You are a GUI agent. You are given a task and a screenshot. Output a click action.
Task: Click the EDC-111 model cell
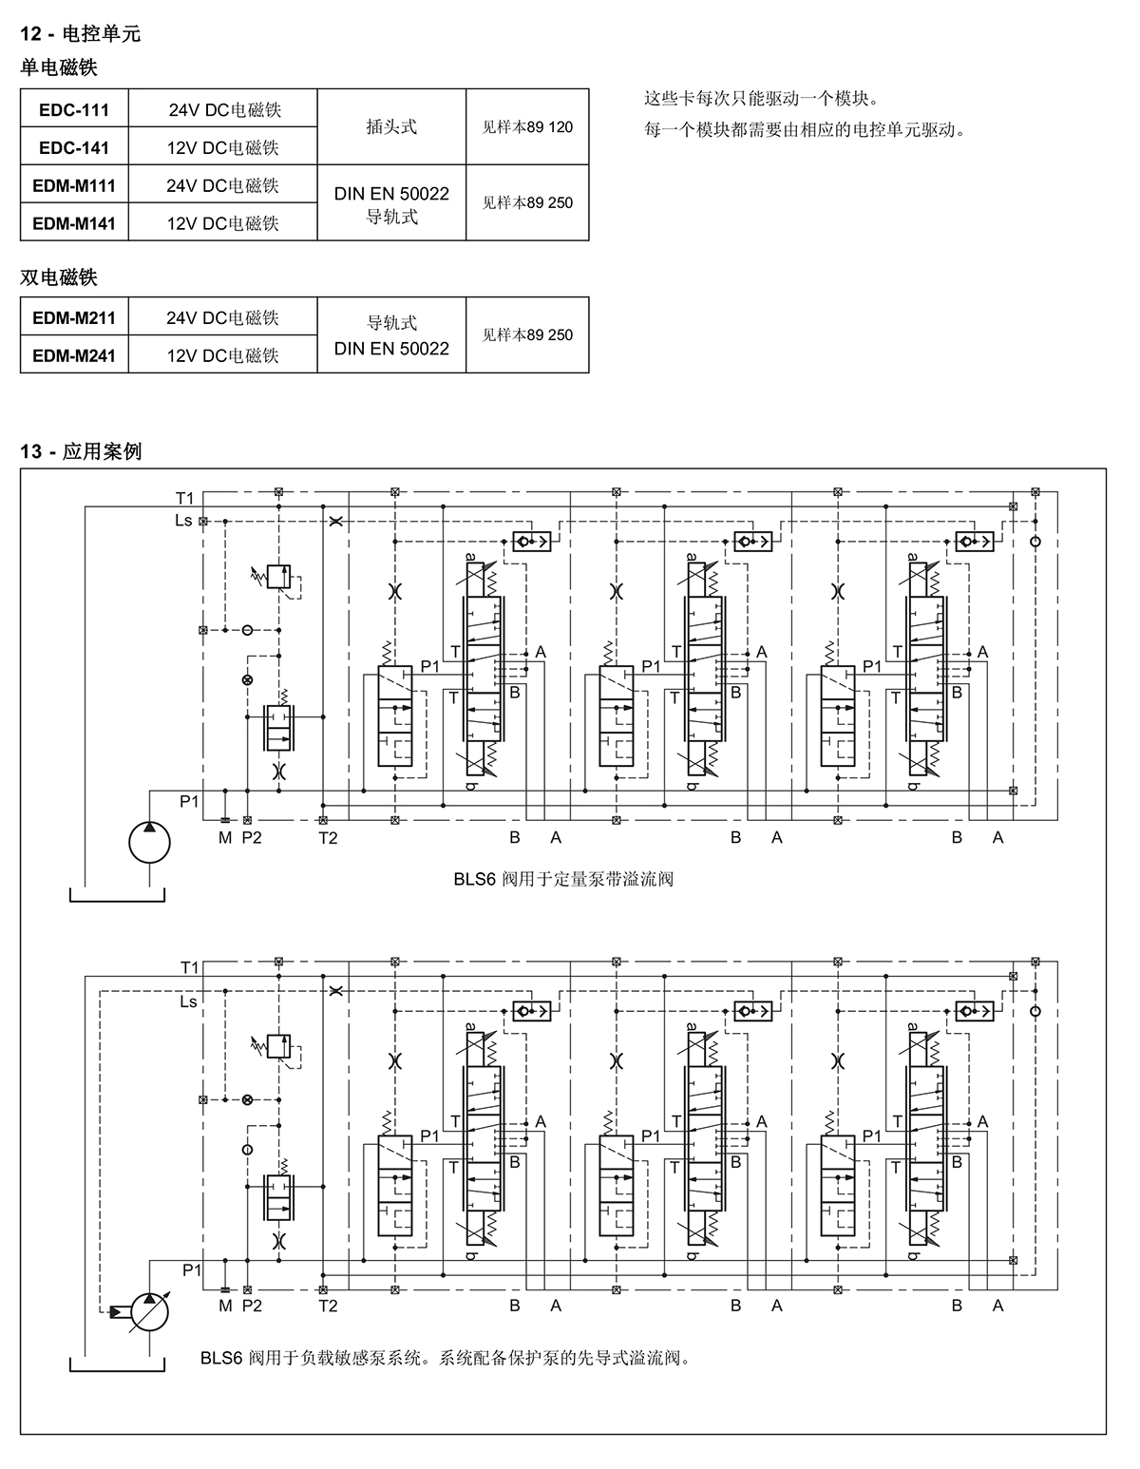pyautogui.click(x=74, y=109)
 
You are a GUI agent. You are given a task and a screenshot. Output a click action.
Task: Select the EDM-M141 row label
pyautogui.click(x=74, y=222)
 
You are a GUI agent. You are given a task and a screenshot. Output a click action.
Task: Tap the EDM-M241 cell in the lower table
pyautogui.click(x=74, y=355)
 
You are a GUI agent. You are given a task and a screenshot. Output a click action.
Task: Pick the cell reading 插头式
pyautogui.click(x=391, y=127)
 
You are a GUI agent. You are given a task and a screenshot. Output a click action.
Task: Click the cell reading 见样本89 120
pyautogui.click(x=527, y=127)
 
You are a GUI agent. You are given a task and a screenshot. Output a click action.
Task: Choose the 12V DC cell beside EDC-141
pyautogui.click(x=223, y=146)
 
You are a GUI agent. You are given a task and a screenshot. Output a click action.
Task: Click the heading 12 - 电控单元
pyautogui.click(x=80, y=33)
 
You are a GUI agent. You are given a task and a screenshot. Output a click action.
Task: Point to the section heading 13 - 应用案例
pyautogui.click(x=81, y=451)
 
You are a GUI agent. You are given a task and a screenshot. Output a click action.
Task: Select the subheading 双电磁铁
pyautogui.click(x=59, y=277)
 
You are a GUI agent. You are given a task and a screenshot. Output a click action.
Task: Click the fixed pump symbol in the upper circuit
pyautogui.click(x=149, y=842)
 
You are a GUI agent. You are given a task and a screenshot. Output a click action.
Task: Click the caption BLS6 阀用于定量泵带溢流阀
pyautogui.click(x=563, y=879)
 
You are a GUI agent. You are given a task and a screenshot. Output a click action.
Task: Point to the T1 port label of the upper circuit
pyautogui.click(x=184, y=498)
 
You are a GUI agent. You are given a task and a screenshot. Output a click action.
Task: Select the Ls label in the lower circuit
pyautogui.click(x=188, y=1002)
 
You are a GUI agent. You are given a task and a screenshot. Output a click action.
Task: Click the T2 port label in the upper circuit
pyautogui.click(x=328, y=838)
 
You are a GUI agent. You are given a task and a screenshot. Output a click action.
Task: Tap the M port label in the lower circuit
pyautogui.click(x=225, y=1307)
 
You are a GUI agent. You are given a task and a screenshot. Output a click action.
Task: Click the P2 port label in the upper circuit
pyautogui.click(x=252, y=837)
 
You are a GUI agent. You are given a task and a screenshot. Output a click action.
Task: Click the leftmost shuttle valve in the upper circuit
pyautogui.click(x=532, y=542)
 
